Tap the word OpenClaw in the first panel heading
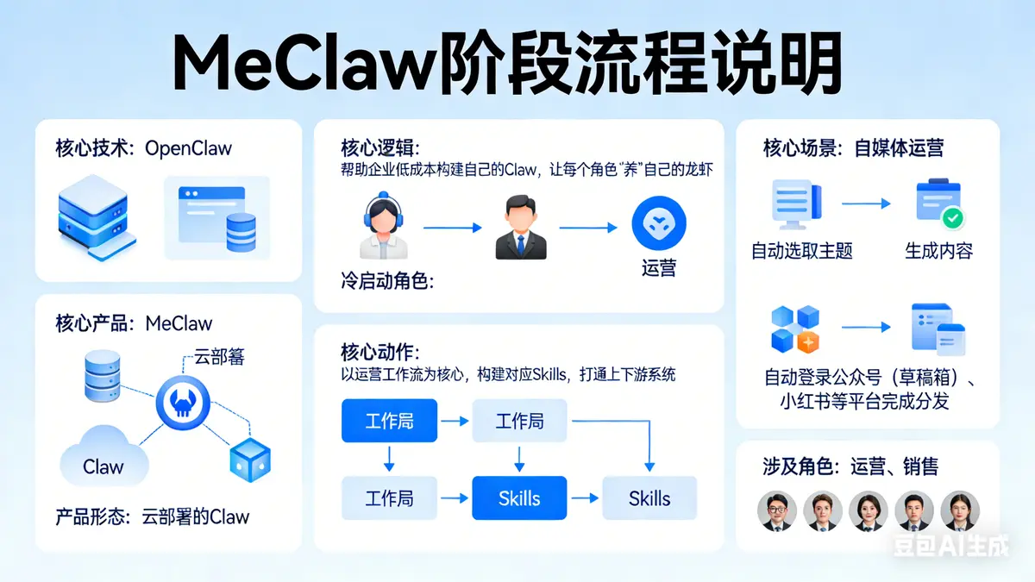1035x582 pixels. pyautogui.click(x=188, y=147)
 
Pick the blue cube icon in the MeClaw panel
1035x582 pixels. pyautogui.click(x=250, y=459)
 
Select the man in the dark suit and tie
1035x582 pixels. pyautogui.click(x=520, y=228)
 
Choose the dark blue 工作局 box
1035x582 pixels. pyautogui.click(x=389, y=422)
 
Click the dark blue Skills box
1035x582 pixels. pyautogui.click(x=519, y=498)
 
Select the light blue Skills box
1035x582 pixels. pyautogui.click(x=649, y=498)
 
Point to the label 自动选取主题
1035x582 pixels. pyautogui.click(x=802, y=251)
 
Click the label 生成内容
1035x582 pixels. pyautogui.click(x=938, y=251)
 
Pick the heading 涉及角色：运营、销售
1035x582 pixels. pyautogui.click(x=850, y=466)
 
